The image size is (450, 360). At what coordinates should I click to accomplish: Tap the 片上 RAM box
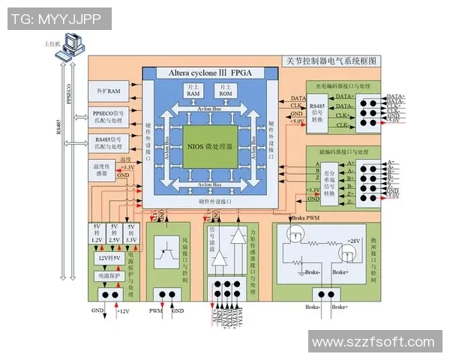pyautogui.click(x=193, y=91)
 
